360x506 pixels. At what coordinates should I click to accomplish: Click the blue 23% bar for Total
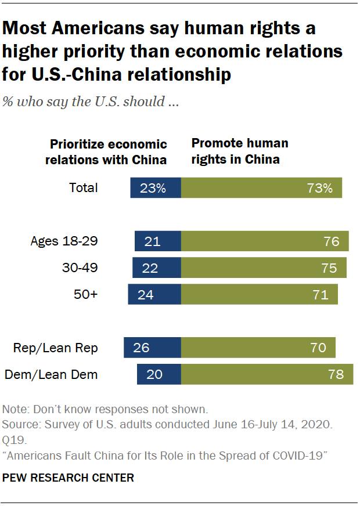coord(156,188)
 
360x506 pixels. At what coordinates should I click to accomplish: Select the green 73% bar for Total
coord(261,188)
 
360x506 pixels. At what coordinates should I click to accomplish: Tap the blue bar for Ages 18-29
coord(158,241)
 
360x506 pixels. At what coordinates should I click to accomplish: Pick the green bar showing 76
coord(265,241)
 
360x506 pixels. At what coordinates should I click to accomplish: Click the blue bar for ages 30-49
coord(157,268)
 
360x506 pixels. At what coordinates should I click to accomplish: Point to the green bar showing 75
coord(264,268)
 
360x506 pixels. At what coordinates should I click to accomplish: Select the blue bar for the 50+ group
coord(154,294)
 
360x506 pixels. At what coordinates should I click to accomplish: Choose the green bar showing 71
coord(260,294)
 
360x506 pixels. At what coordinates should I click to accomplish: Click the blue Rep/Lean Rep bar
coord(152,348)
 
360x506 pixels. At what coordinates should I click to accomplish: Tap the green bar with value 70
coord(258,348)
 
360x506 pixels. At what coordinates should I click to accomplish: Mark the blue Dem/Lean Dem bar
coord(159,374)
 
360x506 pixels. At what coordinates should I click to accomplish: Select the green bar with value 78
coord(267,374)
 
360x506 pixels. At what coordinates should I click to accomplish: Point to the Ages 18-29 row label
coord(64,241)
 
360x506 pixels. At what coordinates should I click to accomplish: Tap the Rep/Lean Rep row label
coord(56,348)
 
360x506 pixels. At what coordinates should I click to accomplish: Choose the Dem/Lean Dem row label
coord(51,375)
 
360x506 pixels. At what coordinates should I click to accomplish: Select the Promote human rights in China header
coord(239,151)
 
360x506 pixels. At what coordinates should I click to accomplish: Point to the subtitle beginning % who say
coord(90,103)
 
